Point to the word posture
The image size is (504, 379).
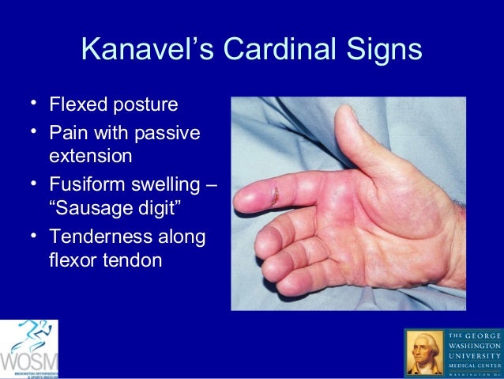click(x=146, y=105)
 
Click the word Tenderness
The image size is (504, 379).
click(x=106, y=237)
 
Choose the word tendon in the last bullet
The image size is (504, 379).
click(x=133, y=260)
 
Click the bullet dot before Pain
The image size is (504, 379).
click(x=30, y=131)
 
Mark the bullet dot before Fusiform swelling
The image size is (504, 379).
click(x=30, y=185)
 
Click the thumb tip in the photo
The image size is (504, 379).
click(x=348, y=118)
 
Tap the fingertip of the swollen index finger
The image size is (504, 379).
click(x=242, y=198)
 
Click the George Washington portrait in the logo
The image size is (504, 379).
click(x=424, y=353)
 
